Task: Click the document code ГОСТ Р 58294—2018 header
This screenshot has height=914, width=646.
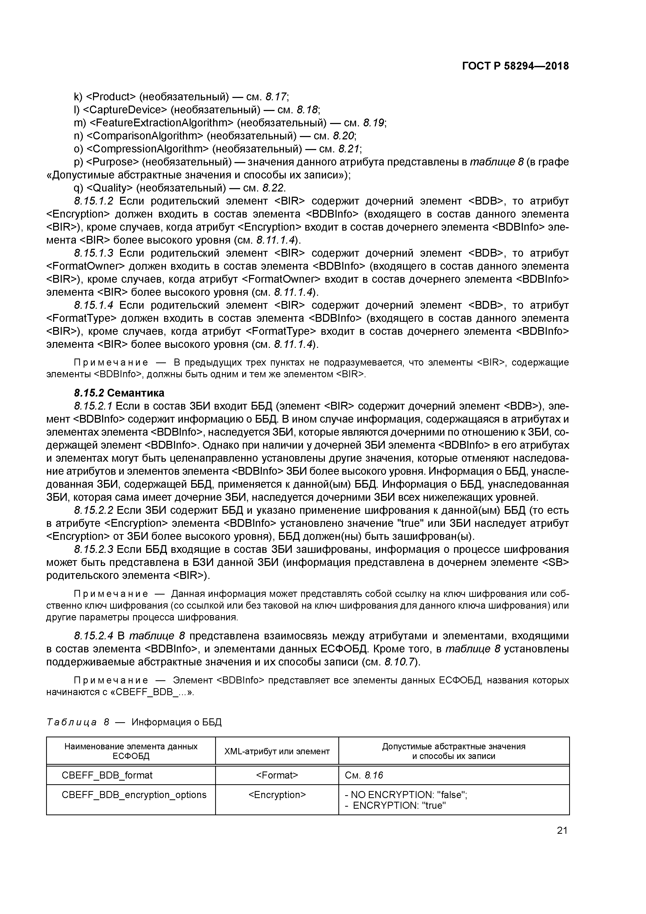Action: (515, 66)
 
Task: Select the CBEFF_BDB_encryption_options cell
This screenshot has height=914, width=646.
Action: (134, 795)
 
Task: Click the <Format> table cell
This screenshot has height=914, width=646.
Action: (277, 775)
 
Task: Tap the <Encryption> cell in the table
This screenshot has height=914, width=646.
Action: (277, 795)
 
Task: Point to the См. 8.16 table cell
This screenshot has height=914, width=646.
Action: (364, 775)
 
